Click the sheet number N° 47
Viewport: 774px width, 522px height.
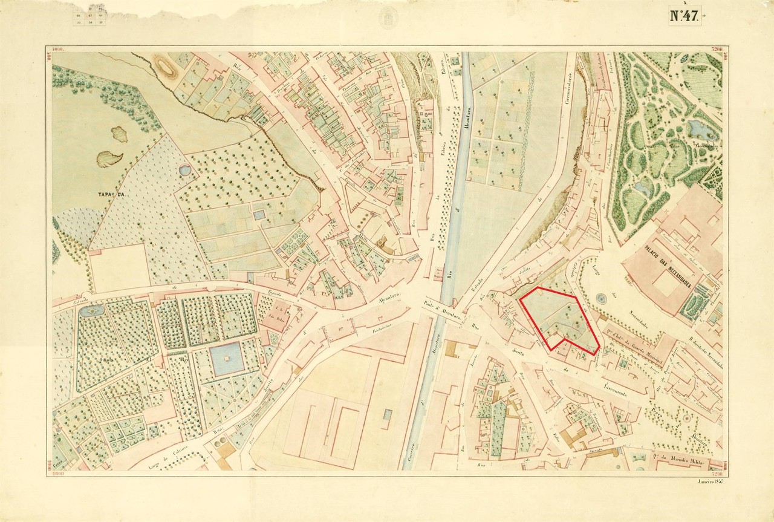click(684, 16)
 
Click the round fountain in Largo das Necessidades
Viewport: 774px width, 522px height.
click(601, 299)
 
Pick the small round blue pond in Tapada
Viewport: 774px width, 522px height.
click(184, 171)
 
